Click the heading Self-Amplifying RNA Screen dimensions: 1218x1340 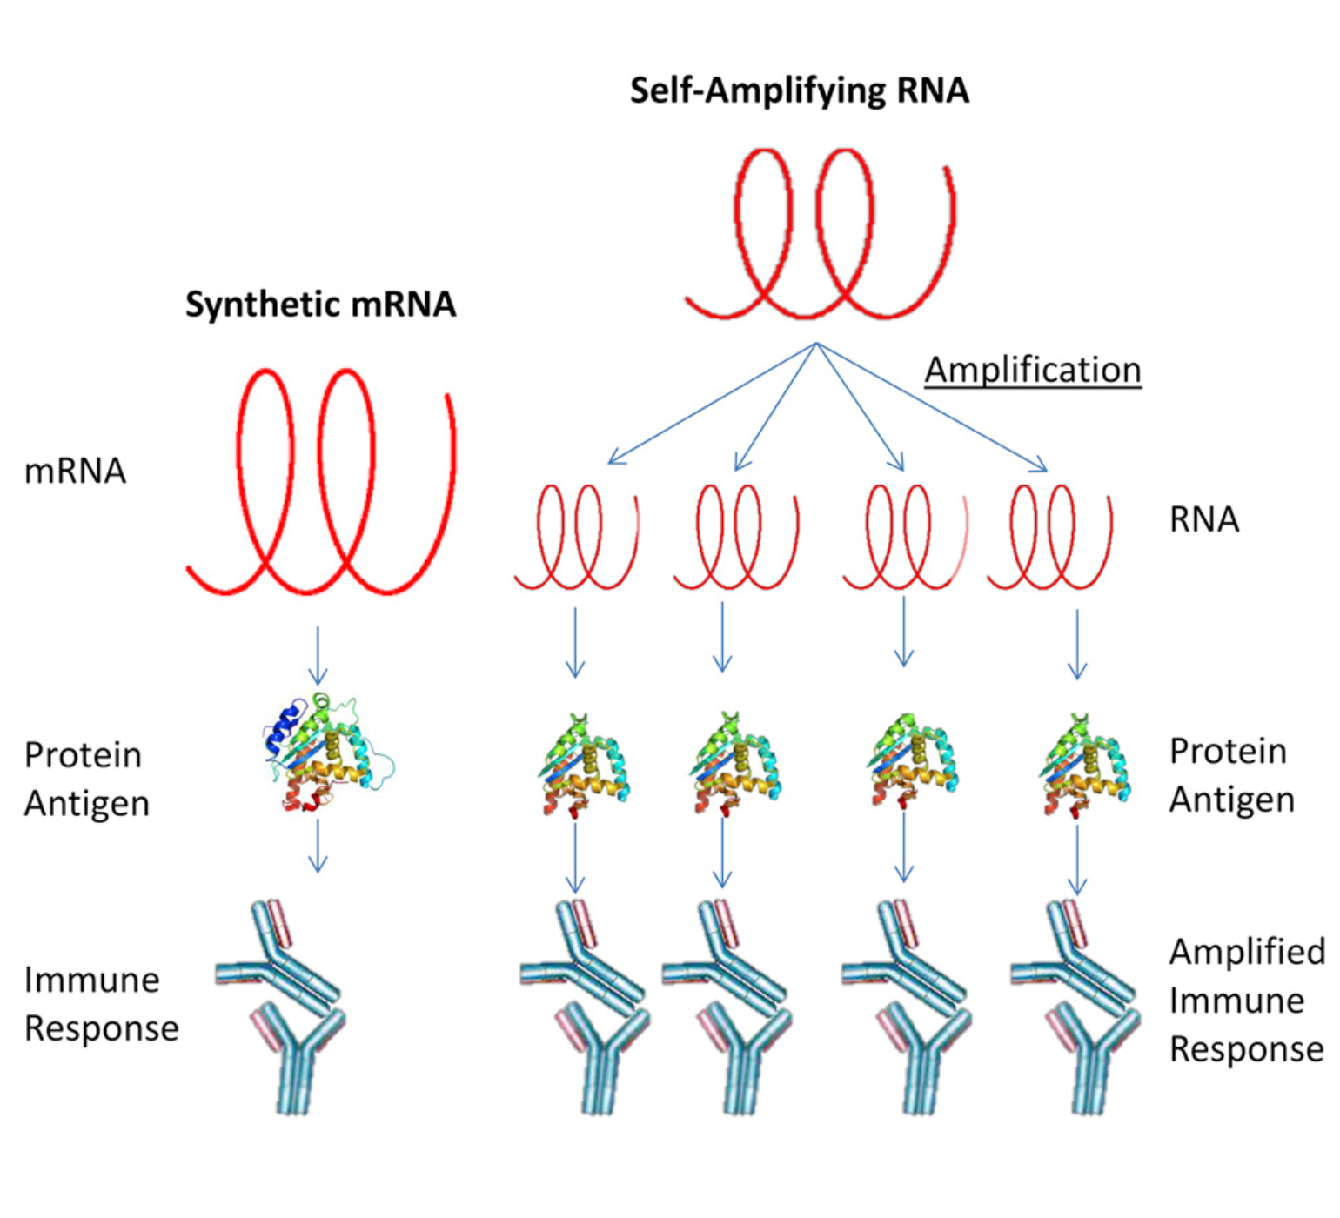[799, 90]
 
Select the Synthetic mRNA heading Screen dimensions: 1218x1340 [320, 304]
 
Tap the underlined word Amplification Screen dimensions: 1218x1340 [1032, 370]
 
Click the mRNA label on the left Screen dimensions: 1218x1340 [75, 471]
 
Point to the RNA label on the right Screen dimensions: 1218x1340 [1203, 519]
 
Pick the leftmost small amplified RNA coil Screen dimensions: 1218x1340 [576, 538]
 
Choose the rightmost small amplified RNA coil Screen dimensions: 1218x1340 [1049, 538]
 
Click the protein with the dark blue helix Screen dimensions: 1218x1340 [326, 753]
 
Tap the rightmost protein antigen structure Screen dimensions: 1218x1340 [1084, 766]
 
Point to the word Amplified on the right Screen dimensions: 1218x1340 [1246, 952]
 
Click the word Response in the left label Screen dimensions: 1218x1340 [101, 1028]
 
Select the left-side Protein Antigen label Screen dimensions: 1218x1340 [85, 779]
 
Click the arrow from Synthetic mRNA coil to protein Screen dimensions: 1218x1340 [318, 654]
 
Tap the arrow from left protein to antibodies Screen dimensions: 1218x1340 [318, 846]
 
